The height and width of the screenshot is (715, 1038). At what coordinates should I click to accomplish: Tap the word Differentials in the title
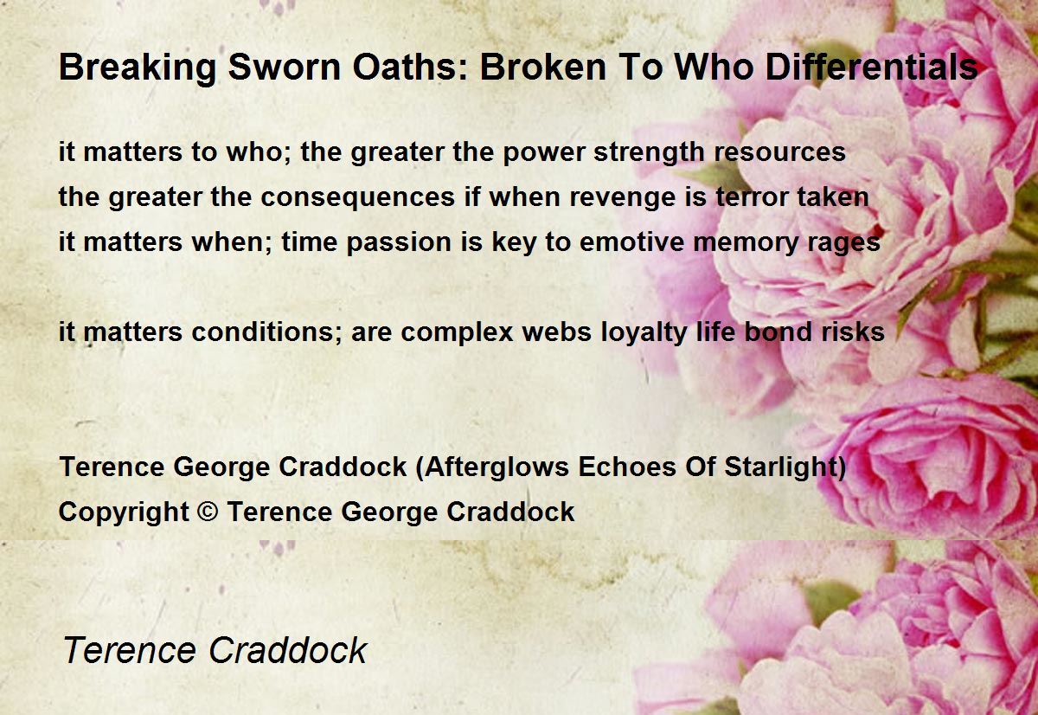[872, 67]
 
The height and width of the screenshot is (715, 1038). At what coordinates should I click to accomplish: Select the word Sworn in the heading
[285, 67]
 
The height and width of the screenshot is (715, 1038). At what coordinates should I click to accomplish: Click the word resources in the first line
[779, 152]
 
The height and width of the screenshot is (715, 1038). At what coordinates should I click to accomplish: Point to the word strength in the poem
[649, 153]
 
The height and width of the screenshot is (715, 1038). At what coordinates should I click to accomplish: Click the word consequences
[358, 198]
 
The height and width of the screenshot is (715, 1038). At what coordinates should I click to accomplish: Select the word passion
[399, 243]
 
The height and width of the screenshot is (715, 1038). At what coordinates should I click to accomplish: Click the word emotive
[631, 242]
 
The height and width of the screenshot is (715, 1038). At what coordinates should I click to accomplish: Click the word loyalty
[644, 333]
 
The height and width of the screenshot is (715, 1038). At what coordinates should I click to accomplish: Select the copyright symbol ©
[208, 512]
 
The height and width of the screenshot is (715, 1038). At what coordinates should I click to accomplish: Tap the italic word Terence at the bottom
[130, 651]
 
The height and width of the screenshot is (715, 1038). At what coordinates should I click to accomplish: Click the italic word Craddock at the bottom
[288, 651]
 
